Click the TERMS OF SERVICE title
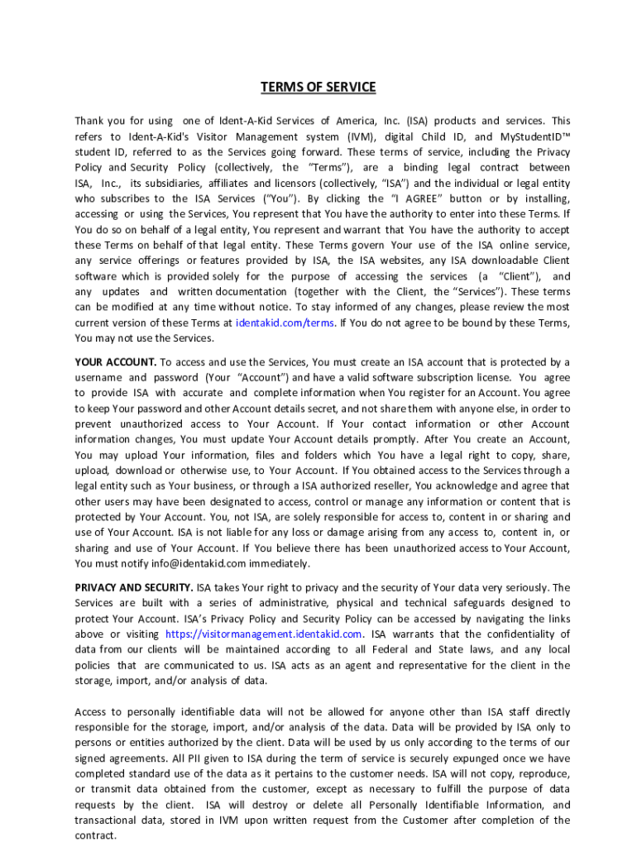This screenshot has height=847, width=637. [x=318, y=87]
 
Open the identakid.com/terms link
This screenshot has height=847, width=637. [x=285, y=323]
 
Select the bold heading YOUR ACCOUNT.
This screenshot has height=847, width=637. [x=115, y=361]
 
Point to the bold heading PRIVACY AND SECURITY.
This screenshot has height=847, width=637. [x=133, y=587]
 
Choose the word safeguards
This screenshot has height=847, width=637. [x=483, y=603]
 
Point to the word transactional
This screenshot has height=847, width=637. [x=108, y=821]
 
